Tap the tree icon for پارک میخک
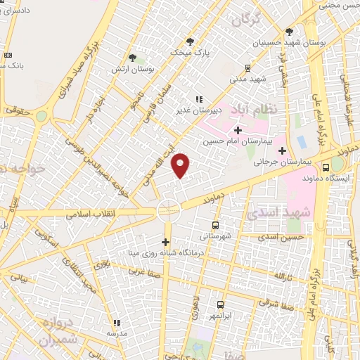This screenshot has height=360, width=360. [x=190, y=41]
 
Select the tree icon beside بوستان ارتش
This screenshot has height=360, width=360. [x=133, y=58]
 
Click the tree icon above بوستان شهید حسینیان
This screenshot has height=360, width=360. [x=289, y=32]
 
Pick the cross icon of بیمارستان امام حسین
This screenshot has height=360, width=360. [x=238, y=130]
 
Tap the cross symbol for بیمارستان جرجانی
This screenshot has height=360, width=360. [x=282, y=150]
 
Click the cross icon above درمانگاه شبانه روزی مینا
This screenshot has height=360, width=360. [x=165, y=242]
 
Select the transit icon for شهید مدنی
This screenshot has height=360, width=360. [x=247, y=68]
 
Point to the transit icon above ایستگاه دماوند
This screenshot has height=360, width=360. [x=326, y=167]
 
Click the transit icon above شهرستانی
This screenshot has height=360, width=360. [x=214, y=226]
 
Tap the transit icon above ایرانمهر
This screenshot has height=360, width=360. [x=220, y=304]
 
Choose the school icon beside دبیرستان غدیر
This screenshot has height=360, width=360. [x=199, y=99]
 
